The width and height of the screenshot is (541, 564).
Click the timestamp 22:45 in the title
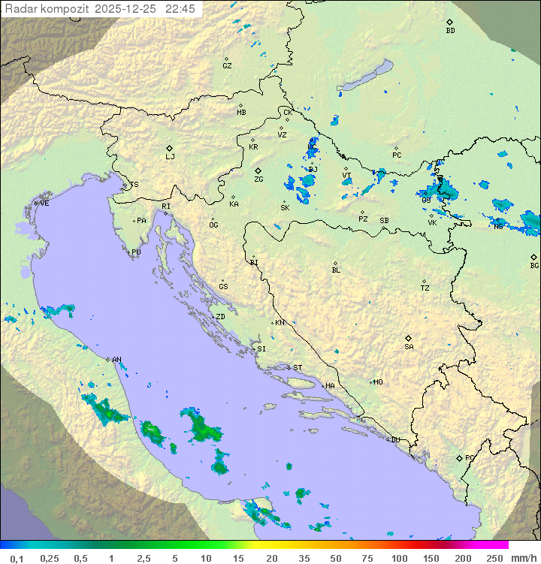(x=181, y=9)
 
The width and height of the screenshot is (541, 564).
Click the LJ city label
(x=170, y=157)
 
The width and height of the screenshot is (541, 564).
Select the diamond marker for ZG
(x=258, y=171)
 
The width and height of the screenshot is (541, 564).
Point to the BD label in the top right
(x=450, y=31)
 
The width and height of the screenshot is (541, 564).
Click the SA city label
(x=409, y=347)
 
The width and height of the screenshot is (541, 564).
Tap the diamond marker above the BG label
(x=533, y=257)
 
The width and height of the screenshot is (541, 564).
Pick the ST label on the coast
(x=298, y=368)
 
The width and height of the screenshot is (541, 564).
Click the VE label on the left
(x=44, y=204)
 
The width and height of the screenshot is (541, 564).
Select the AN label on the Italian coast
(x=116, y=360)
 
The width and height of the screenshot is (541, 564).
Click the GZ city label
(x=227, y=66)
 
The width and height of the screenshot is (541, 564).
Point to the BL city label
(x=336, y=270)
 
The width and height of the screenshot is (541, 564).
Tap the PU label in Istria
(x=136, y=252)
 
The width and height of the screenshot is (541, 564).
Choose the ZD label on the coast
(x=221, y=317)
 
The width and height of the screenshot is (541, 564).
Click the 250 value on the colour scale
(x=494, y=558)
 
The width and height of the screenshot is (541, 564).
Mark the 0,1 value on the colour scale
(x=17, y=558)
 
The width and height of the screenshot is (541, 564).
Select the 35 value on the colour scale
(x=304, y=558)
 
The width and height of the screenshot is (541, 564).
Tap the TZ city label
(x=425, y=288)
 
